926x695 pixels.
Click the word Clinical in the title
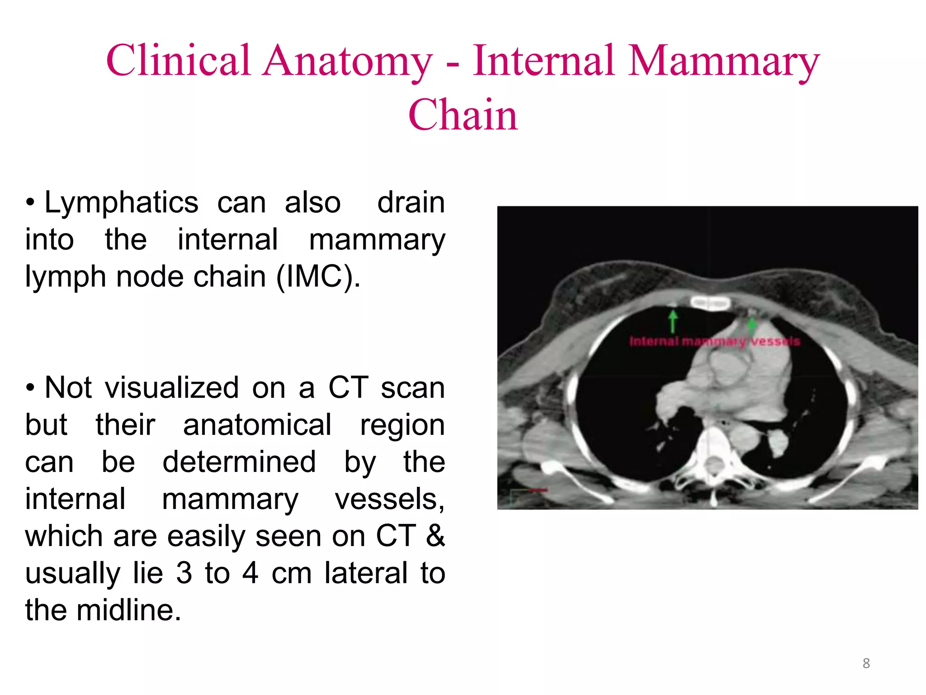(178, 61)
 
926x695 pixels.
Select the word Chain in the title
(463, 115)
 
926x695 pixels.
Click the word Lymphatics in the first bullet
(121, 203)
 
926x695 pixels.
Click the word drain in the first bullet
(411, 202)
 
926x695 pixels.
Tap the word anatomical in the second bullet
(257, 425)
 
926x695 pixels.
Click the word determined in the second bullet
(239, 462)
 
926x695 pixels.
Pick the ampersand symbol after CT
(435, 536)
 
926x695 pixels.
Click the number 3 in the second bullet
(184, 573)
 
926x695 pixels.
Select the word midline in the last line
(128, 610)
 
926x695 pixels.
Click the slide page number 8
(866, 663)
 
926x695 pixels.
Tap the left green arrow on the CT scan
(673, 321)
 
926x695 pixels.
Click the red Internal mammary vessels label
(714, 341)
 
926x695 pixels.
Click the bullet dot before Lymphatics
(30, 203)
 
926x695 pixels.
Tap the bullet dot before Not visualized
(30, 388)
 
